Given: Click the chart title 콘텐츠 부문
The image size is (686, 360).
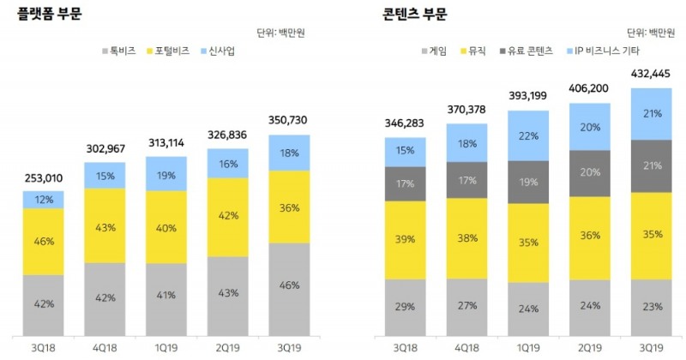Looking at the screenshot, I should pos(413,14).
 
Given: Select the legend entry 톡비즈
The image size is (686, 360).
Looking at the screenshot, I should pos(119,51).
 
